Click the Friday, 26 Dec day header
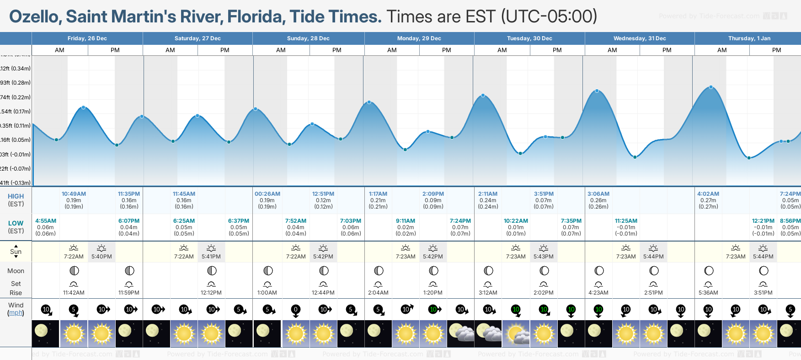click(87, 38)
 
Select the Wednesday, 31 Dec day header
click(639, 38)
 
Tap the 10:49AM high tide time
click(74, 194)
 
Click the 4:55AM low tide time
click(46, 221)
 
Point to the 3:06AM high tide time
click(598, 194)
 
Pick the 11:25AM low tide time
click(626, 221)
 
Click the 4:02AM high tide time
click(708, 194)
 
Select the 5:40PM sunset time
click(101, 257)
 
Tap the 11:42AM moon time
click(74, 293)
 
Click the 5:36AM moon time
click(708, 293)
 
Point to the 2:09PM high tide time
click(433, 194)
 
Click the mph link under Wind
click(16, 313)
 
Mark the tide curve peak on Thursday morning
click(711, 87)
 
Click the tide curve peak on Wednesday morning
click(597, 91)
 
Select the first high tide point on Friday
click(83, 107)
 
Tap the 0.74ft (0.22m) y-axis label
click(16, 97)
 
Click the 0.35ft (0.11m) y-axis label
click(16, 126)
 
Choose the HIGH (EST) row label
click(16, 200)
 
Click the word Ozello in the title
click(35, 17)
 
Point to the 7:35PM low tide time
click(571, 221)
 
